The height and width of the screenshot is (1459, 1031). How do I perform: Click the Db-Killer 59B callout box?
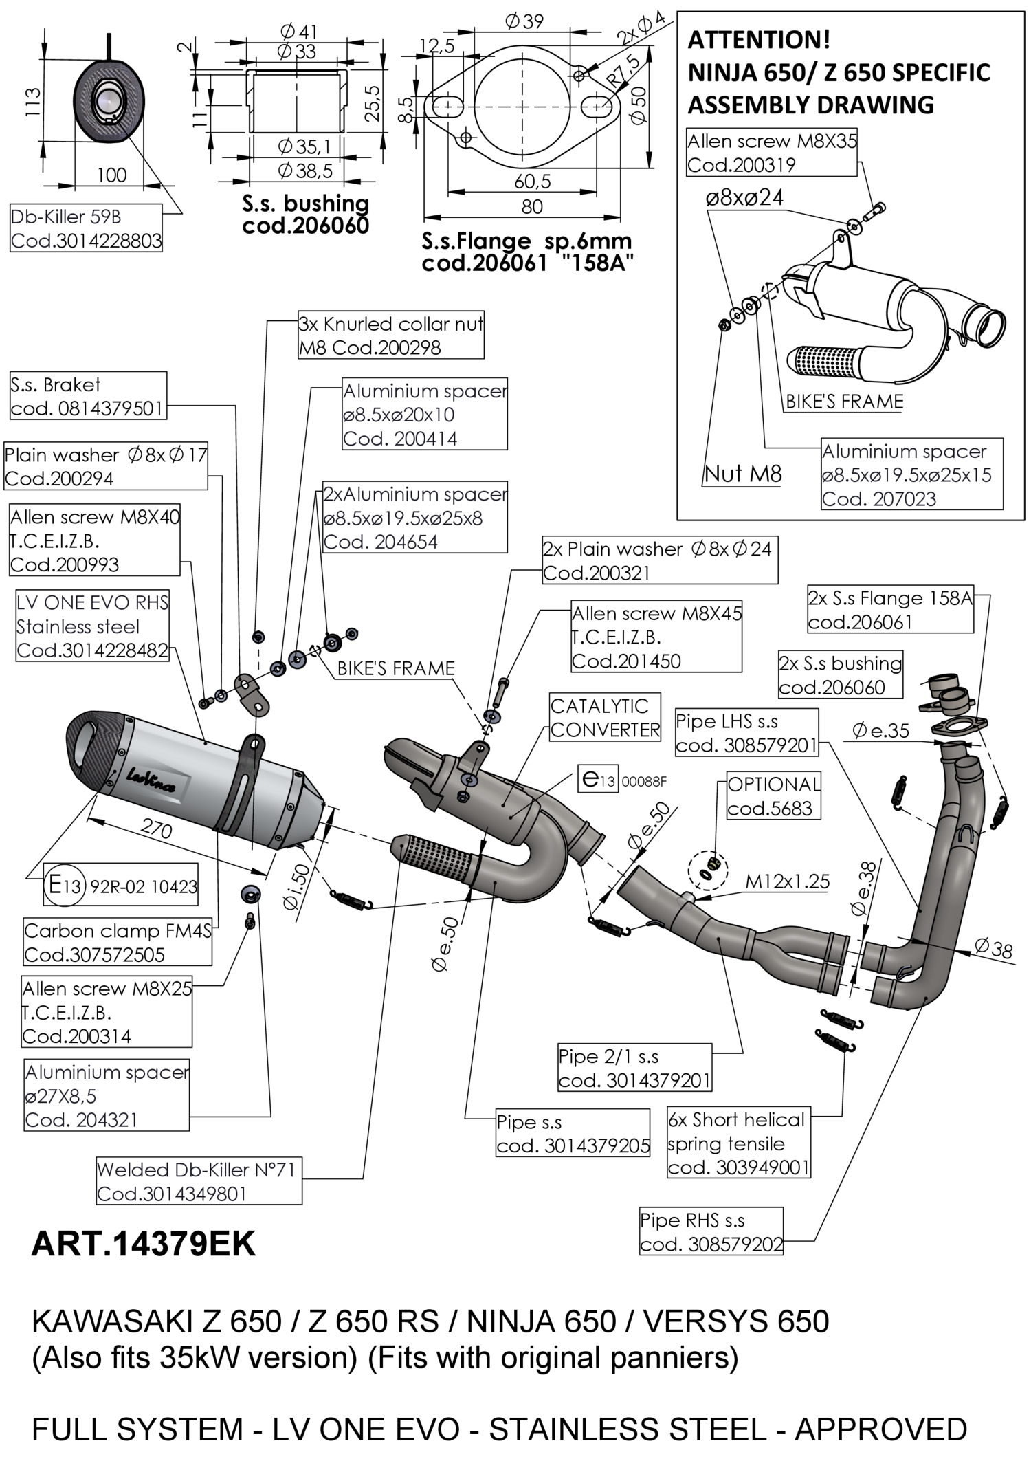point(87,228)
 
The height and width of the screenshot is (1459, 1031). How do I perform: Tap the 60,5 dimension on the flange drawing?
point(533,182)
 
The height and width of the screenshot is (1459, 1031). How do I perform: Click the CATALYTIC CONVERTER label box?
point(605,717)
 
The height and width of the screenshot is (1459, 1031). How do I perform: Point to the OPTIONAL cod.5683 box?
point(774,796)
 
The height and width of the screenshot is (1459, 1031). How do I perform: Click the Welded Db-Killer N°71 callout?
point(199,1181)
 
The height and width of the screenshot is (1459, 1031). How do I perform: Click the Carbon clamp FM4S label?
point(118,942)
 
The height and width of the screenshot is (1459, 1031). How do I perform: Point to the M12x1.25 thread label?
point(788,881)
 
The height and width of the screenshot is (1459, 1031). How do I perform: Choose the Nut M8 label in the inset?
point(743,474)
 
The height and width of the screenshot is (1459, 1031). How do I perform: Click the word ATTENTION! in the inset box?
point(759,41)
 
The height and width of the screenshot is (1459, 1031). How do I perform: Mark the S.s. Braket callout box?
point(88,396)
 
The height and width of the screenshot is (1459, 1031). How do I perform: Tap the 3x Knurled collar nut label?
point(390,336)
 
